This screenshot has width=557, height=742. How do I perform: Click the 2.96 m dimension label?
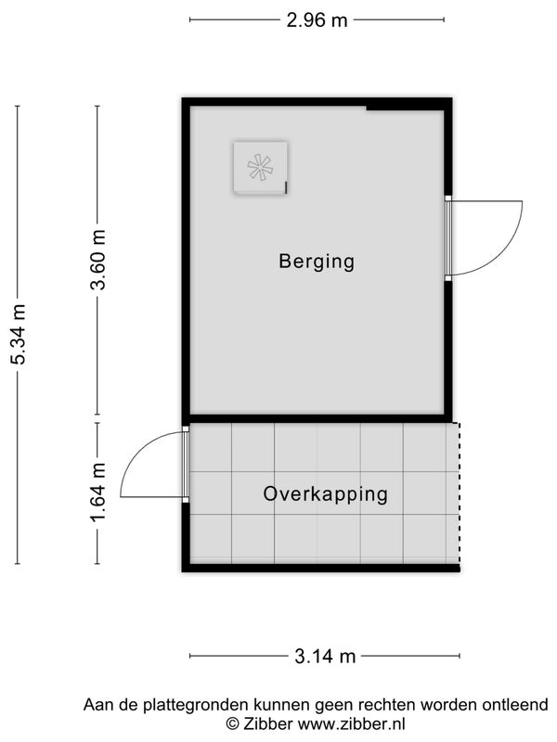click(x=317, y=20)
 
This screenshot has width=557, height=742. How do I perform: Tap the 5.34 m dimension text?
click(x=18, y=334)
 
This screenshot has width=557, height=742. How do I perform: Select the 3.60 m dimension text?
click(x=98, y=260)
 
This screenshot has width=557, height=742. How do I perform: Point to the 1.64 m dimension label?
click(x=98, y=493)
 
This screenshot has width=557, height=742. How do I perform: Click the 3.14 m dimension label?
click(x=325, y=657)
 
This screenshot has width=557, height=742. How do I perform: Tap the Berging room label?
click(x=317, y=262)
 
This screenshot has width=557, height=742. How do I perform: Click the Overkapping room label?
click(x=326, y=494)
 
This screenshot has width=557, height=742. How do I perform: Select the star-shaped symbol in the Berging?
click(x=260, y=167)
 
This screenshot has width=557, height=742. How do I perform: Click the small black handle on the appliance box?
click(x=286, y=187)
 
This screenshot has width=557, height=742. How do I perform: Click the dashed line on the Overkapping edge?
click(x=459, y=493)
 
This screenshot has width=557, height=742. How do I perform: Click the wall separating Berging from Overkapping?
click(x=317, y=419)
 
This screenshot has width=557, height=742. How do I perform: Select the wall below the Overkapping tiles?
click(x=321, y=568)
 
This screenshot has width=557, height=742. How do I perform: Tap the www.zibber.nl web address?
click(x=351, y=724)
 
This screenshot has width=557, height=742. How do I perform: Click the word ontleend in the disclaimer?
click(x=515, y=705)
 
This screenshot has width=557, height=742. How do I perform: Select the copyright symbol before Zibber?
click(x=232, y=724)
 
